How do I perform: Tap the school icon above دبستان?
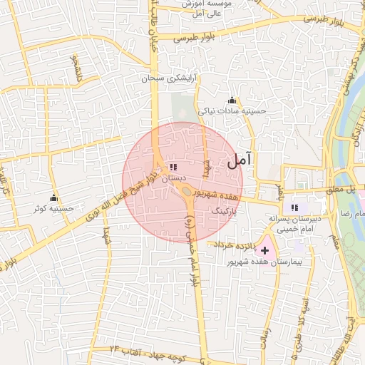173,167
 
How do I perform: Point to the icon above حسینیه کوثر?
53,197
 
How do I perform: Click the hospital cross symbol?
265,250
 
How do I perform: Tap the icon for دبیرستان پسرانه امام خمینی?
295,207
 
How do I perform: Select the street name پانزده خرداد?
231,244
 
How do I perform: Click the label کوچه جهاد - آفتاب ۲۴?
145,350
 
